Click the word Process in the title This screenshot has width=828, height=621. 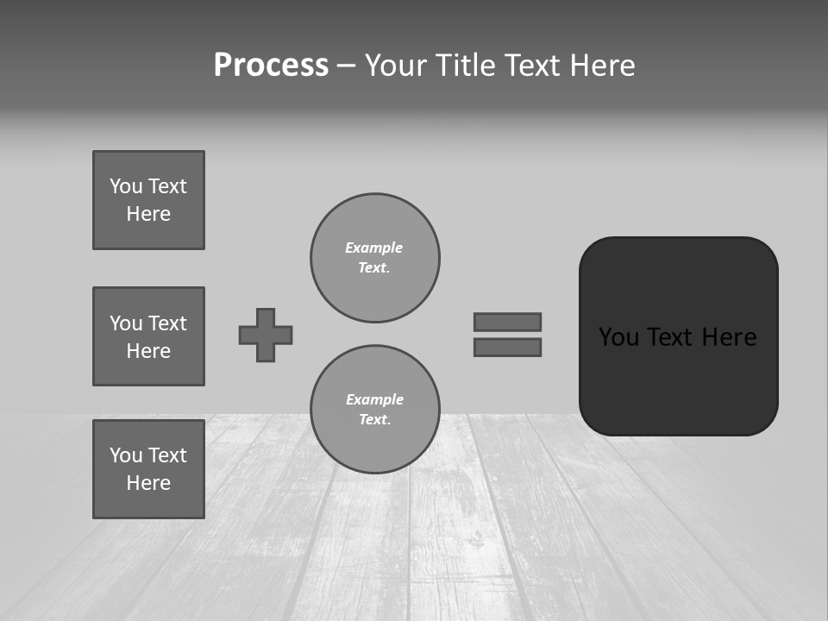tap(271, 66)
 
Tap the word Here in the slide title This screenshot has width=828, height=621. tap(603, 66)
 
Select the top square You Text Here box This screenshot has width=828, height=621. tap(148, 200)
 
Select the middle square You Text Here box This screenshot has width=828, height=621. tap(148, 336)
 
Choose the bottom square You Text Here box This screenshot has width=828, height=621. tap(148, 469)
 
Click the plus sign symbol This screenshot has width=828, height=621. tap(266, 335)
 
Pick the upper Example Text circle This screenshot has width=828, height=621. tap(374, 258)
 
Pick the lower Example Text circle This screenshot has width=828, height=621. tap(374, 410)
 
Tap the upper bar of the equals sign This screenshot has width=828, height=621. tap(507, 322)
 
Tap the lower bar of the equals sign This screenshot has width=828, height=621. tap(507, 348)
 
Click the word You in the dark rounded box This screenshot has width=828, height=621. tap(618, 337)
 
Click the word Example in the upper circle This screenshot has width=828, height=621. tap(374, 248)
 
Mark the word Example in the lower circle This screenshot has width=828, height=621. tap(374, 399)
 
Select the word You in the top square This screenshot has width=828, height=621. tap(126, 186)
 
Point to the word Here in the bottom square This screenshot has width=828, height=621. tap(148, 483)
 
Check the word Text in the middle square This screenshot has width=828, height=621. tap(166, 323)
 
